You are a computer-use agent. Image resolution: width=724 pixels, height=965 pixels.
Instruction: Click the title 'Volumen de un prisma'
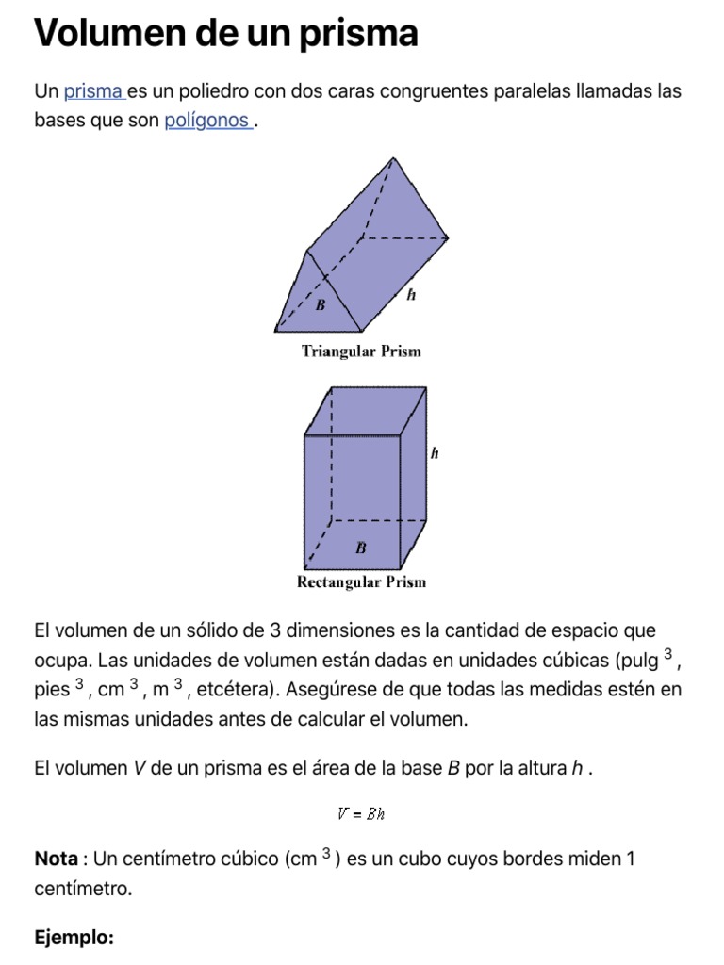pos(225,34)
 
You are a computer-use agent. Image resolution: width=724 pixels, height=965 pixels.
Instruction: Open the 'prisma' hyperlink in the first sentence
pos(93,91)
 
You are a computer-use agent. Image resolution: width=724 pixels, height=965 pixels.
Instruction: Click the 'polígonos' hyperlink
pos(206,122)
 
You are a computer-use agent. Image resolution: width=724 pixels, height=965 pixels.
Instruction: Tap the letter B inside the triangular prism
pos(321,305)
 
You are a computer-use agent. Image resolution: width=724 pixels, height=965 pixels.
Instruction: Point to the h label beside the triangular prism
pos(411,295)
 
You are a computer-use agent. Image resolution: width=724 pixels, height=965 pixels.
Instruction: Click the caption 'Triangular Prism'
pos(361,352)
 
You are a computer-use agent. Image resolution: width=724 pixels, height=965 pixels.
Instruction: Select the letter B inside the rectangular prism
pos(361,548)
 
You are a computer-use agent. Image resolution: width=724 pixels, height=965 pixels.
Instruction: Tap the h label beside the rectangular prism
pos(435,453)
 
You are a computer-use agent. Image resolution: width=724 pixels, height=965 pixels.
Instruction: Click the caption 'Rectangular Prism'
pos(361,581)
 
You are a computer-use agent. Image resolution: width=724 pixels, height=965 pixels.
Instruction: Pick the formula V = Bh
pos(361,814)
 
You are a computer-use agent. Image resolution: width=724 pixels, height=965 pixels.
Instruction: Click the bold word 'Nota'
pos(56,859)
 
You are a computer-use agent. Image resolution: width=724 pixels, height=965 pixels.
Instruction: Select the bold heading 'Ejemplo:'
pos(74,938)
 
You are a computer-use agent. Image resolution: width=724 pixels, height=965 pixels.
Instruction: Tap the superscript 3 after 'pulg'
pos(667,652)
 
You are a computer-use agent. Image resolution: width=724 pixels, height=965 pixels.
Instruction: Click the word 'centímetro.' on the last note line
pos(83,888)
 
